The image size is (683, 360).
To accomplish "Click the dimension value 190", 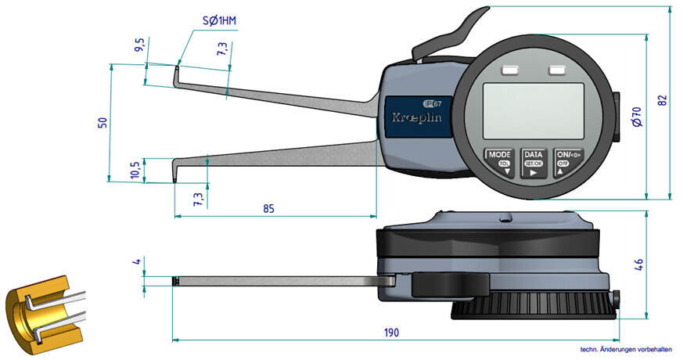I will click(392, 332).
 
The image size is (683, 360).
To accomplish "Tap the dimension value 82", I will click(663, 100).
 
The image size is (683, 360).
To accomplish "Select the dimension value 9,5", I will click(139, 45).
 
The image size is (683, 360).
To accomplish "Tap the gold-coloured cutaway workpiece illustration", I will click(42, 313).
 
